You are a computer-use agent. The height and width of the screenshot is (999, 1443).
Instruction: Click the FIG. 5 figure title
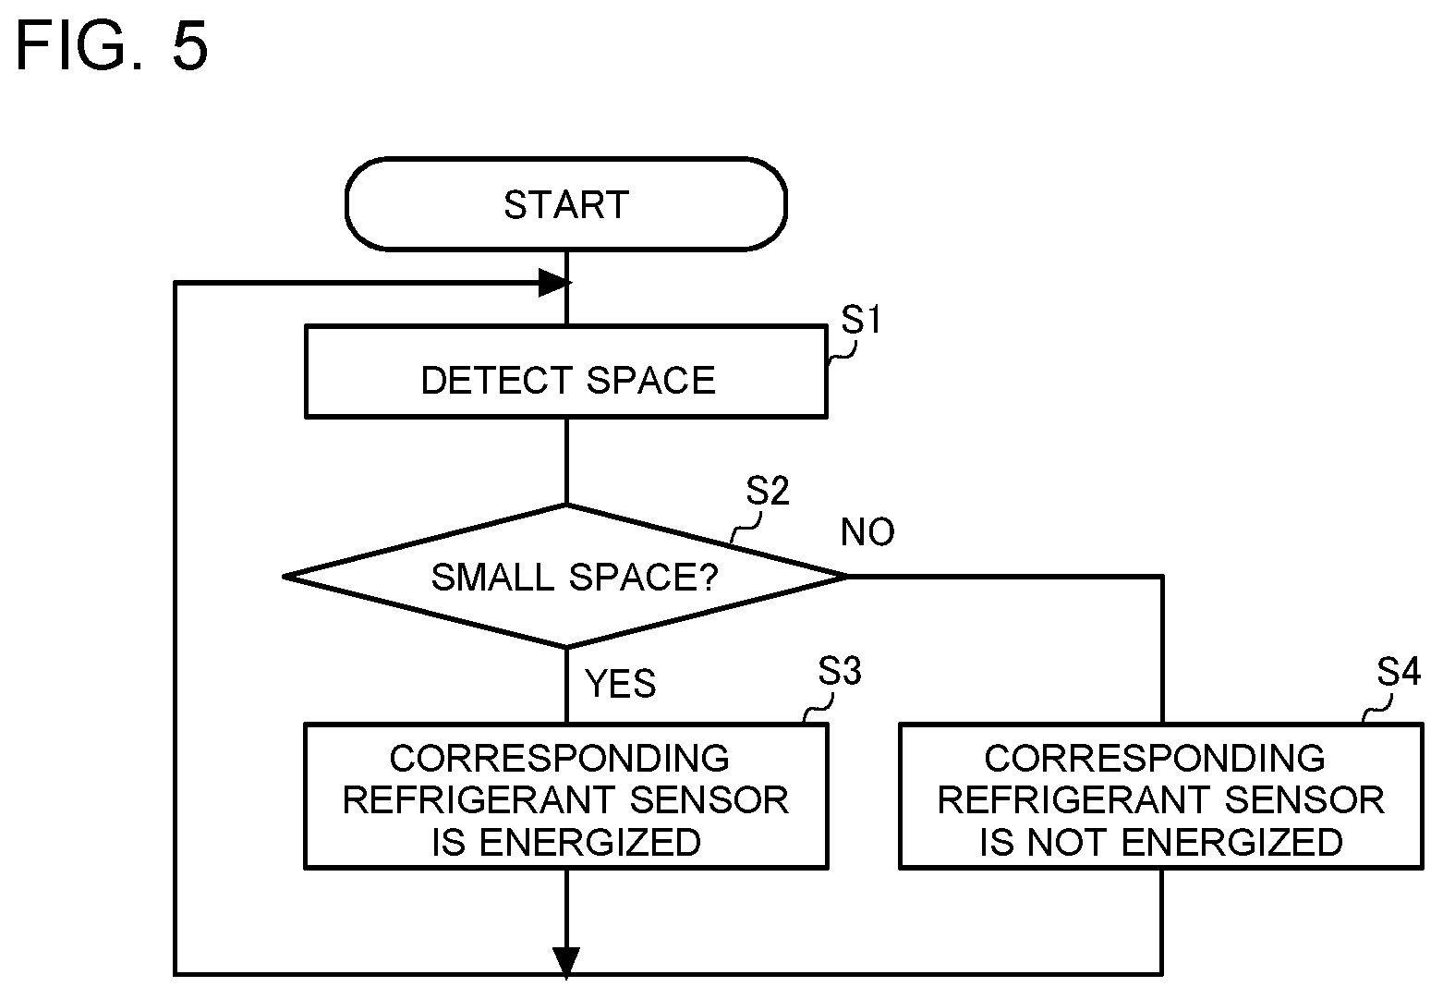coord(112,45)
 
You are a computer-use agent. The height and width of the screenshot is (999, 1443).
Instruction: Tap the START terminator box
coord(566,203)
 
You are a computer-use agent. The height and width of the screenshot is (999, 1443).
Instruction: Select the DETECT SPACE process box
coord(566,372)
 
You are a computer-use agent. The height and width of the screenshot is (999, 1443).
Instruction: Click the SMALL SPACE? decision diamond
coord(566,576)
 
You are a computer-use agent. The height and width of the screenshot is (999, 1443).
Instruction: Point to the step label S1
coord(861,320)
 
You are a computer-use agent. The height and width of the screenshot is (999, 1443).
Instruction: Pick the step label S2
coord(768,491)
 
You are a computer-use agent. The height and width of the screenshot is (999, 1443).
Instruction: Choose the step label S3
coord(840,671)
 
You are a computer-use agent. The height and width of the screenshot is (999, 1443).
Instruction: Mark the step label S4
coord(1399,671)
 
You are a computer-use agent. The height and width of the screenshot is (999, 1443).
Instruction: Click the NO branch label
coord(867,532)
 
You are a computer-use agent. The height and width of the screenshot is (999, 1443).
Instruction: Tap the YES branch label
coord(621,683)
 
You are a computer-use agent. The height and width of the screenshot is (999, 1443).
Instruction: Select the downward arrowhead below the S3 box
coord(566,963)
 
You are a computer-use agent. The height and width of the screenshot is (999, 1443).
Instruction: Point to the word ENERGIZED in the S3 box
coord(589,843)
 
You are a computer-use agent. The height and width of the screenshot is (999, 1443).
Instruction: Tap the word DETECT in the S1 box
coord(497,380)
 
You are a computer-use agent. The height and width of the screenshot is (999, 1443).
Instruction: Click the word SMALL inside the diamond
coord(492,577)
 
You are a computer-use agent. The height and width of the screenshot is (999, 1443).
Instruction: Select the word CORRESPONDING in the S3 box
coord(559,758)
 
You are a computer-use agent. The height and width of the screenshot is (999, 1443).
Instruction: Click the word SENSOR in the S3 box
coord(709,799)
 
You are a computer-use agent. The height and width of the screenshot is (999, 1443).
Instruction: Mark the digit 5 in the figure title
coord(190,45)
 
